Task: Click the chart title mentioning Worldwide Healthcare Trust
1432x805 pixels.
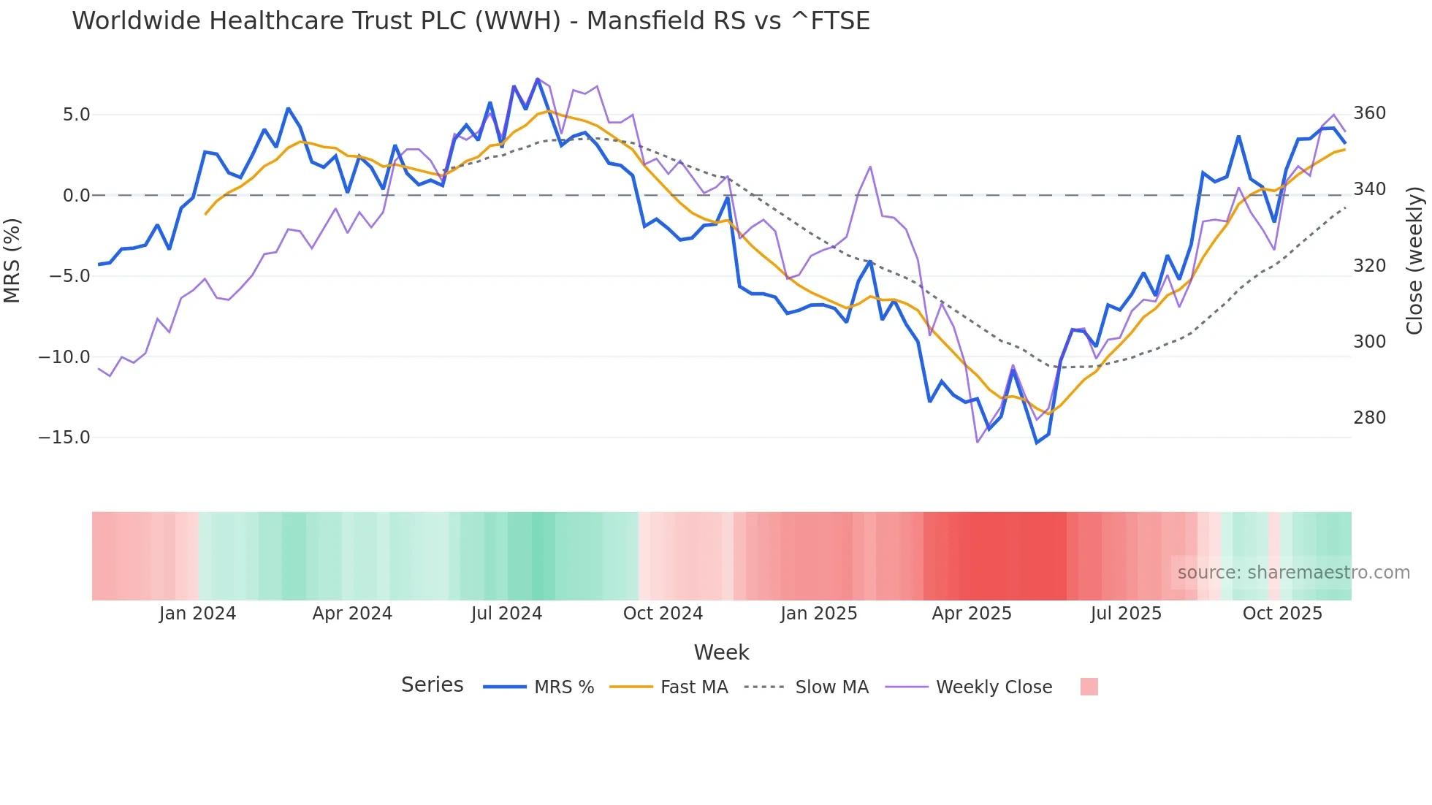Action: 471,21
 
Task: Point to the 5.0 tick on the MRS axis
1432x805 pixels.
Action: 76,115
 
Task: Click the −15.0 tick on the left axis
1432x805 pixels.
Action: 64,438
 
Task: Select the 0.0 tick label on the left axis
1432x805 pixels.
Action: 76,196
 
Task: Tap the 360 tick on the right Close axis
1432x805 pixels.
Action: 1369,113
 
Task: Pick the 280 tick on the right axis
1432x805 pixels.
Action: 1369,418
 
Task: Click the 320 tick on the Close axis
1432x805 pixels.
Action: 1369,266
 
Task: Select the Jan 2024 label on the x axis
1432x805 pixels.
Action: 197,614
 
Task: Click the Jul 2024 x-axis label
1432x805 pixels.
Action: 506,614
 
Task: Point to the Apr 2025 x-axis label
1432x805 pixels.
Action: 972,614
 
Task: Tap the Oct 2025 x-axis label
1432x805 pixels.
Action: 1282,614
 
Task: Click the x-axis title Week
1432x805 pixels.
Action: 721,652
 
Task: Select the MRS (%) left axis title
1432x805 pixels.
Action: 12,261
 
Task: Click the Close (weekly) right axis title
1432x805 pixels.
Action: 1414,261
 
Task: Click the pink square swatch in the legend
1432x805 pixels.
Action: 1089,687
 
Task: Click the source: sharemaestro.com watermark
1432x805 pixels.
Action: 1293,573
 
